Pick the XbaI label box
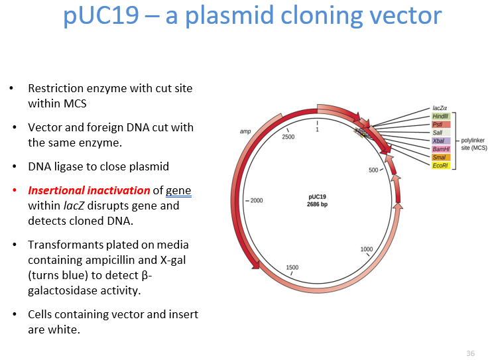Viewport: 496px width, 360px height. (x=439, y=141)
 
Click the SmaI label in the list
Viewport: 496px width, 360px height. (x=439, y=157)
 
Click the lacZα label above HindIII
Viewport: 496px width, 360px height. (x=439, y=107)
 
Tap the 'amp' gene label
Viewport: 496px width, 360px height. (x=245, y=132)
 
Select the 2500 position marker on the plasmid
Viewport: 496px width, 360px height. (x=288, y=137)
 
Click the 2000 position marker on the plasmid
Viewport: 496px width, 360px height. (x=256, y=200)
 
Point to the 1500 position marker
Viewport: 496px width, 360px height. (x=292, y=267)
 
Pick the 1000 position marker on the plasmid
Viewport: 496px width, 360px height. (x=367, y=249)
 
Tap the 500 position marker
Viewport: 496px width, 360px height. (x=373, y=170)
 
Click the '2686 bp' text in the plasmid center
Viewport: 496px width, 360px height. (x=318, y=204)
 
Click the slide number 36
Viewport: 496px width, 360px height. (x=470, y=353)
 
